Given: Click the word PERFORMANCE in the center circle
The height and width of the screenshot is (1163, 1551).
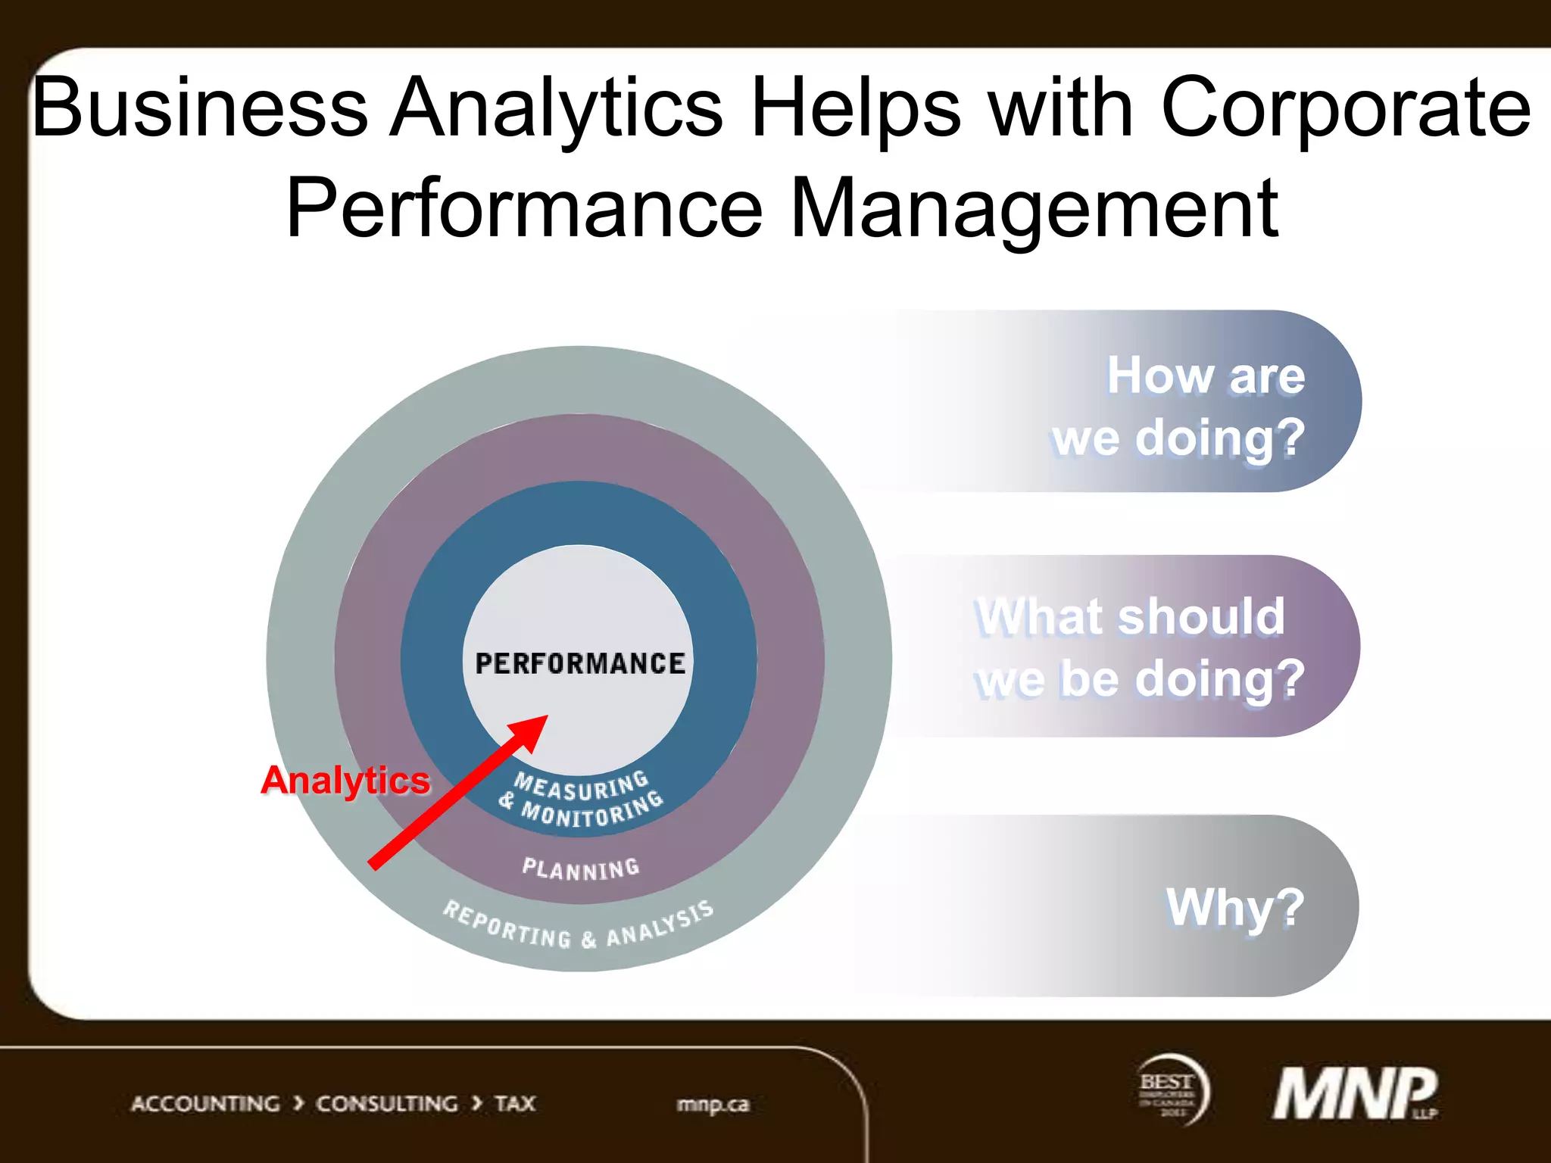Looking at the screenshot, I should tap(580, 663).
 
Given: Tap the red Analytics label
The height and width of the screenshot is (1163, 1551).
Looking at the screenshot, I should tap(345, 780).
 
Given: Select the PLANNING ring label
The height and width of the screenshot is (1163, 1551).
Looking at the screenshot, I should tap(581, 868).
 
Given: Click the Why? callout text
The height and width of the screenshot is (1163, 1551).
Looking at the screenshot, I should tap(1234, 907).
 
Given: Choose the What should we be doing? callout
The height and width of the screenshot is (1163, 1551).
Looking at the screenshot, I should tap(1139, 647).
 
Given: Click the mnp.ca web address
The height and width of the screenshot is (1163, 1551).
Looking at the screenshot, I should tap(713, 1105).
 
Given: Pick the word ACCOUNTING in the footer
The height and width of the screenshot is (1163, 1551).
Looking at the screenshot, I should tap(205, 1104).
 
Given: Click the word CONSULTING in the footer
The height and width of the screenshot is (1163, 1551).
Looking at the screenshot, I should tap(386, 1104).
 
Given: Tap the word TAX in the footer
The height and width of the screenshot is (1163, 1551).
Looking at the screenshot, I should tap(515, 1104).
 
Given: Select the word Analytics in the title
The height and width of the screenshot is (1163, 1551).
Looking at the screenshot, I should tap(557, 108).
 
